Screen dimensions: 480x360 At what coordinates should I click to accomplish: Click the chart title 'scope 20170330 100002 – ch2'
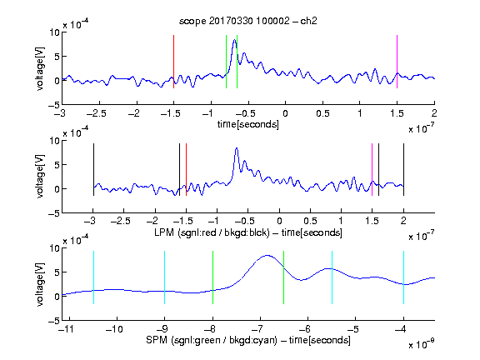click(248, 21)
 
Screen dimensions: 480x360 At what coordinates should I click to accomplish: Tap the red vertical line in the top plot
click(173, 62)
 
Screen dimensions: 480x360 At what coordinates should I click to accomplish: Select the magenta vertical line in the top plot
click(397, 62)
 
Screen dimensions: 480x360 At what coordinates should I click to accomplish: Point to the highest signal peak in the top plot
click(234, 40)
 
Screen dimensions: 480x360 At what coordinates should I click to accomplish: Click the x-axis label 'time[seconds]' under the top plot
click(248, 124)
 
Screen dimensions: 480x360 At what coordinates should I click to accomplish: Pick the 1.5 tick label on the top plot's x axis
click(397, 113)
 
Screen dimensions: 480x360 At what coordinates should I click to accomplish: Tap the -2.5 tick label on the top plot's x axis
click(97, 113)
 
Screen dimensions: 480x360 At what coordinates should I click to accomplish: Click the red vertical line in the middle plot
click(186, 169)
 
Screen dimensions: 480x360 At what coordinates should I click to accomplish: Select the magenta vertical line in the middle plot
click(372, 169)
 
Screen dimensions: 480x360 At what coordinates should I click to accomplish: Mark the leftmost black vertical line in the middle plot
click(93, 169)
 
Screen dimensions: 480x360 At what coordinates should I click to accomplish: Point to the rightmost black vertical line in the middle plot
click(403, 169)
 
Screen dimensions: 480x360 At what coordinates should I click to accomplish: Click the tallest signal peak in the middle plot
click(237, 148)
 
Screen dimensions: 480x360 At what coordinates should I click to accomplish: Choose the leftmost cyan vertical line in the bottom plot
click(93, 277)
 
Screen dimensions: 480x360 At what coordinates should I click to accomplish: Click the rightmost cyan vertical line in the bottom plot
click(403, 277)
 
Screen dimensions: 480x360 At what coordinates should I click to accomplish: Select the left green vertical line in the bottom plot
click(212, 277)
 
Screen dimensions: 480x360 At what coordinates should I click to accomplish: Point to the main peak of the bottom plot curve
click(267, 255)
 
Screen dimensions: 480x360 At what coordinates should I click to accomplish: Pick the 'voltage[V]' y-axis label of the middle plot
click(40, 176)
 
